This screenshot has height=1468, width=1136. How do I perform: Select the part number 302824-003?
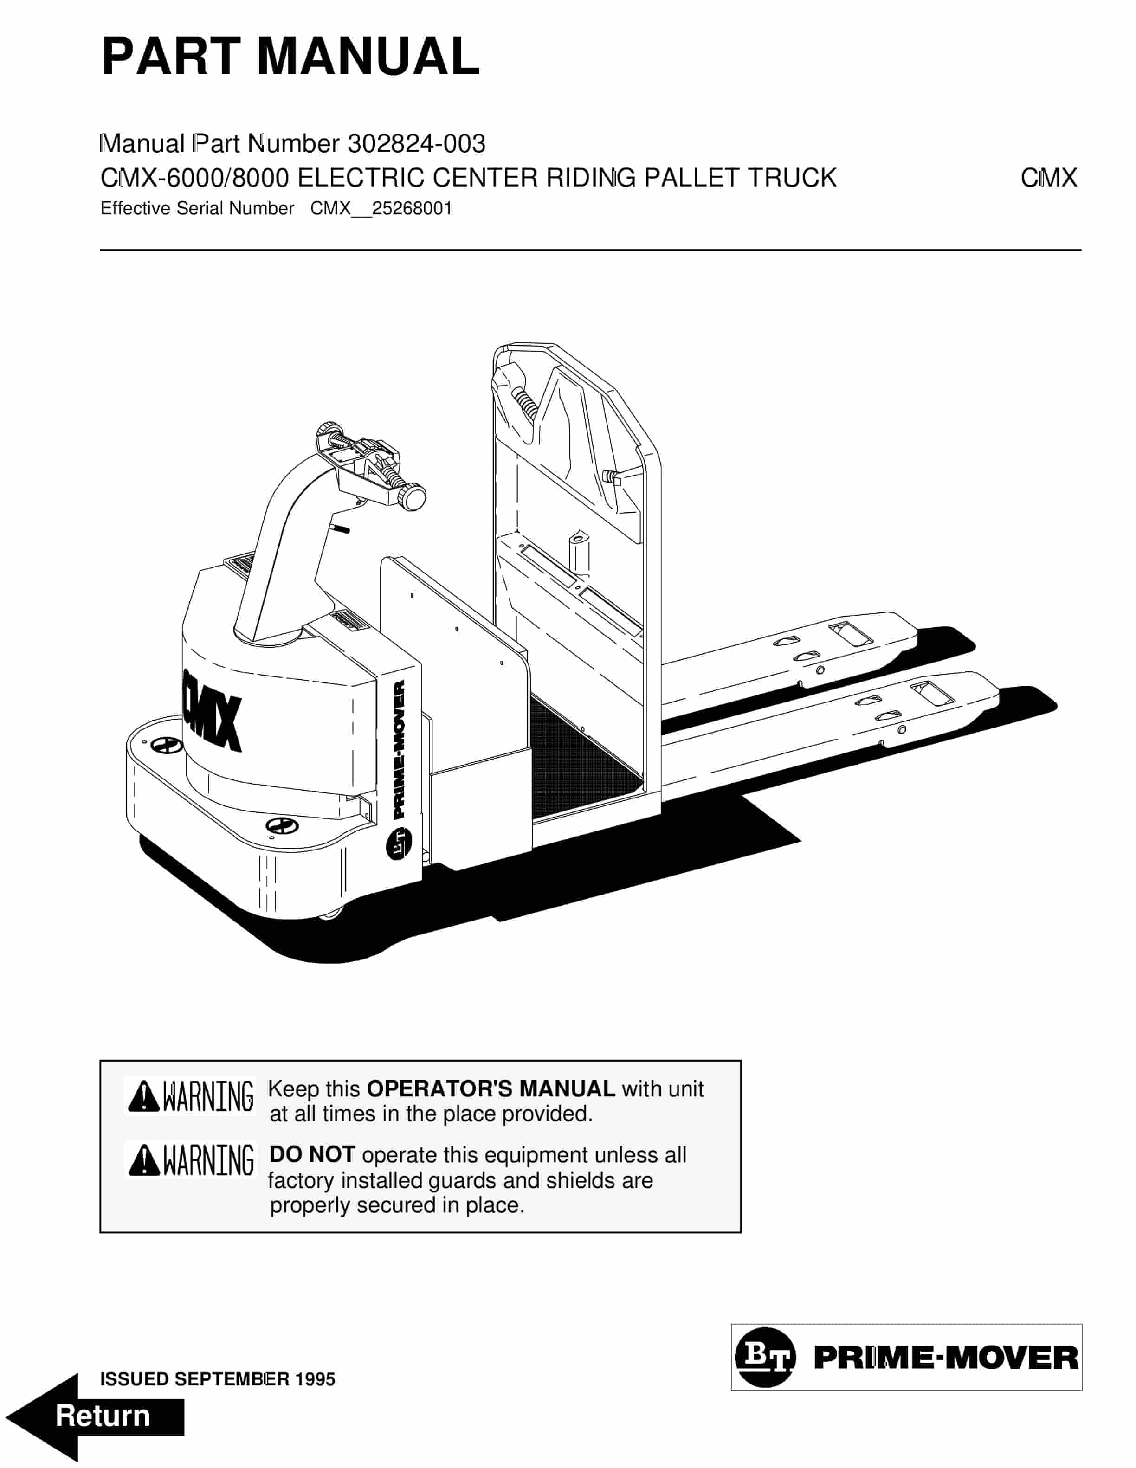pos(416,143)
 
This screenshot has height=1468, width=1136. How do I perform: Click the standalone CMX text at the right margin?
pos(1049,178)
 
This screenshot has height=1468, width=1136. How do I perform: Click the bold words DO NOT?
pos(312,1155)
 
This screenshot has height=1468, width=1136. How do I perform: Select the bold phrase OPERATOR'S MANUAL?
pos(491,1089)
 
